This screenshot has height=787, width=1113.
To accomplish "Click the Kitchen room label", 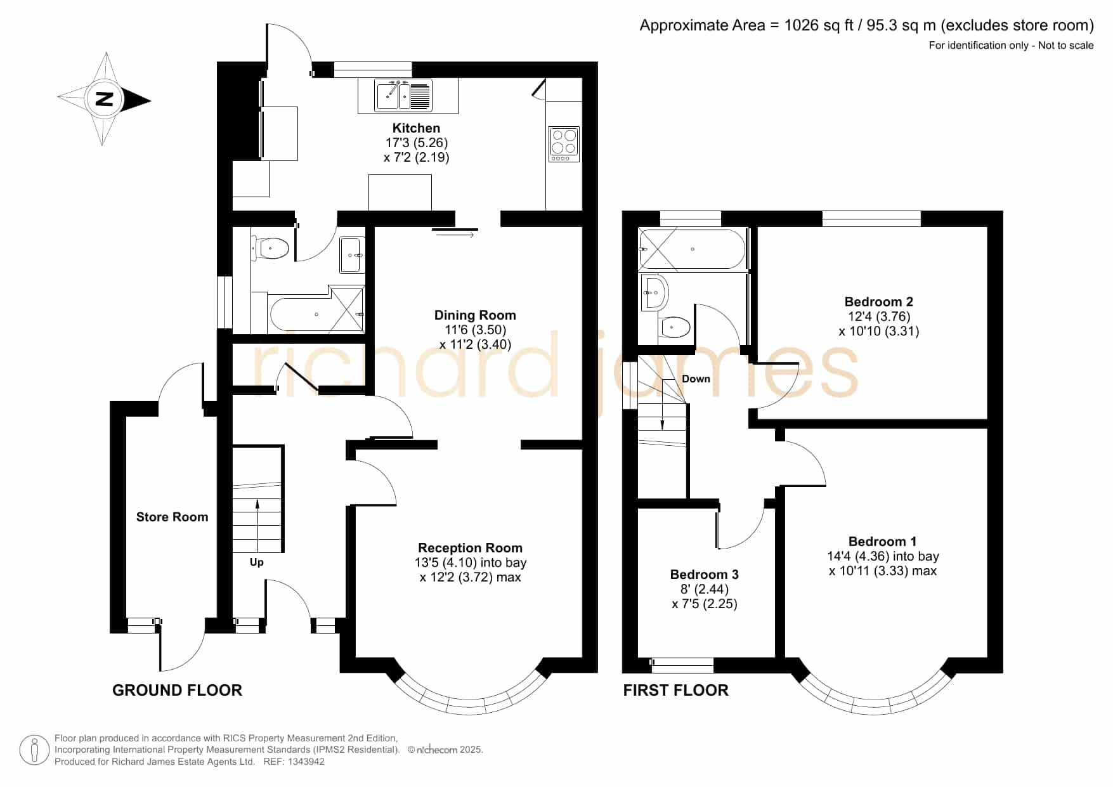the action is pyautogui.click(x=416, y=128).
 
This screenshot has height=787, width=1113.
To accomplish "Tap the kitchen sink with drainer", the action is pyautogui.click(x=403, y=96).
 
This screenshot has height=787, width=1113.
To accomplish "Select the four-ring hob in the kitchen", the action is pyautogui.click(x=564, y=144).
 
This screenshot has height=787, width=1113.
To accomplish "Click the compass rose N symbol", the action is pyautogui.click(x=104, y=100).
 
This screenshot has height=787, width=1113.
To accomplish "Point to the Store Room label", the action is pyautogui.click(x=172, y=517).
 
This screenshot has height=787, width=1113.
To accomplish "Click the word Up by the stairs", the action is pyautogui.click(x=256, y=563).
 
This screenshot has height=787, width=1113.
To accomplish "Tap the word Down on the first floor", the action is pyautogui.click(x=696, y=379).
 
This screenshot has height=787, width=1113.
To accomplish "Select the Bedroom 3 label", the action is pyautogui.click(x=704, y=575).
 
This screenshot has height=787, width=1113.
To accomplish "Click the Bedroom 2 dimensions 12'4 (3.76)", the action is pyautogui.click(x=879, y=316).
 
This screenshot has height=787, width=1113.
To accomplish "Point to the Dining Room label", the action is pyautogui.click(x=475, y=315).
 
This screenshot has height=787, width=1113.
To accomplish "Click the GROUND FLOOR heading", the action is pyautogui.click(x=177, y=690).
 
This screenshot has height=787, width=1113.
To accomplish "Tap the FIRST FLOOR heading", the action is pyautogui.click(x=675, y=690).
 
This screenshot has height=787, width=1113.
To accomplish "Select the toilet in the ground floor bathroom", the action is pyautogui.click(x=271, y=248).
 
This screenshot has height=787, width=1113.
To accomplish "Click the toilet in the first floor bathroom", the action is pyautogui.click(x=675, y=327).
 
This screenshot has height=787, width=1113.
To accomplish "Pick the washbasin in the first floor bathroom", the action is pyautogui.click(x=654, y=292).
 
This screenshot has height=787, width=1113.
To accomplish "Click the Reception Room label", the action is pyautogui.click(x=470, y=548).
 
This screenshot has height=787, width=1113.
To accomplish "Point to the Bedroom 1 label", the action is pyautogui.click(x=882, y=542).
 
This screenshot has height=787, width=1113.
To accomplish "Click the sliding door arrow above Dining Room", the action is pyautogui.click(x=455, y=235).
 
